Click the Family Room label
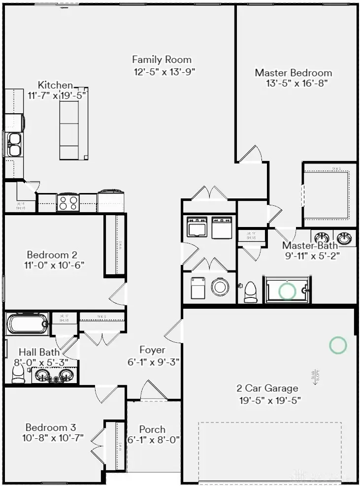point(162,60)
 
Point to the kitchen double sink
point(14,143)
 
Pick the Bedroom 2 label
point(52,255)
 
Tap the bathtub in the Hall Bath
point(28,324)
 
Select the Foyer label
point(152,350)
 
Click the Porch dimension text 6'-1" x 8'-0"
point(154,440)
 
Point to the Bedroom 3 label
point(51,427)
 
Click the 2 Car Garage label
point(267,388)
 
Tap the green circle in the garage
point(338,345)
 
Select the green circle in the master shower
point(287,291)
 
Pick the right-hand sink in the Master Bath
point(346,238)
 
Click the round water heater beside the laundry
point(220,288)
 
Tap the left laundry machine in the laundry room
point(197,228)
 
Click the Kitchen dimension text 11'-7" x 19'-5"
point(58,96)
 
